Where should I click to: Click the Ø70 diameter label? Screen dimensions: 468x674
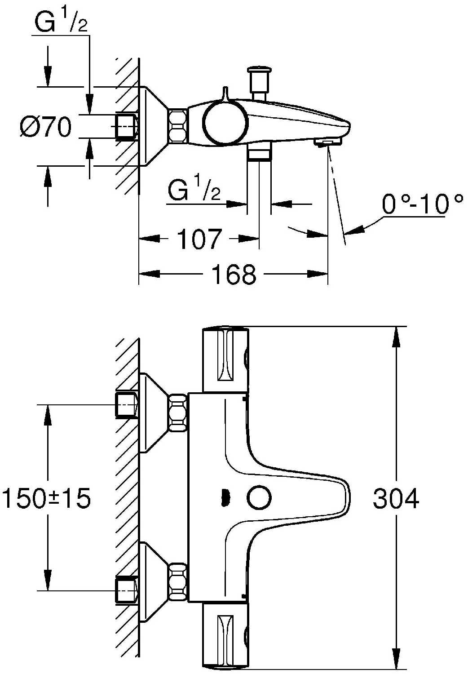(x=46, y=127)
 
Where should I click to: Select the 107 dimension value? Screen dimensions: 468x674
(x=199, y=239)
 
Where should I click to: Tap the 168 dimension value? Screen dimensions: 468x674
(x=234, y=274)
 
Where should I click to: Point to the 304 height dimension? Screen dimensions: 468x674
(x=396, y=498)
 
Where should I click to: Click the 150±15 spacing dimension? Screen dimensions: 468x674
(x=46, y=498)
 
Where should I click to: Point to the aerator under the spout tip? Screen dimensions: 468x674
(x=328, y=142)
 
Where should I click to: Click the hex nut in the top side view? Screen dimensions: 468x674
(x=178, y=126)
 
